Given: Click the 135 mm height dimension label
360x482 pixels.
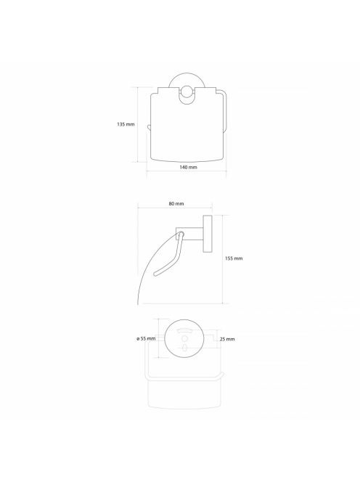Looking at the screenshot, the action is pos(126,125).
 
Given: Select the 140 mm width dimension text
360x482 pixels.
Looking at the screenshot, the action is pos(188,167).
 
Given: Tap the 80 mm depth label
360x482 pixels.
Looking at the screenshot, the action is pos(176,203).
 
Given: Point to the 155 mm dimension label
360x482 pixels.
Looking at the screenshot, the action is pos(234,258).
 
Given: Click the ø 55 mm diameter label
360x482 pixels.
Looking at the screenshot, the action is pos(146,338).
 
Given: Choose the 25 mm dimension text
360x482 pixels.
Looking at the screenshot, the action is pos(227,339).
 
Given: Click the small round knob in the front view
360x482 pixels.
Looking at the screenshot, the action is pos(187,92).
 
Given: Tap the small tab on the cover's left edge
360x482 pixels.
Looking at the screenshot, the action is pos(149,127).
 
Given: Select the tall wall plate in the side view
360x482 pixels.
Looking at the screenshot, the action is pos(208,234).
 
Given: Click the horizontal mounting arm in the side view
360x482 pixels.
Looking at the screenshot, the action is pos(189,234).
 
